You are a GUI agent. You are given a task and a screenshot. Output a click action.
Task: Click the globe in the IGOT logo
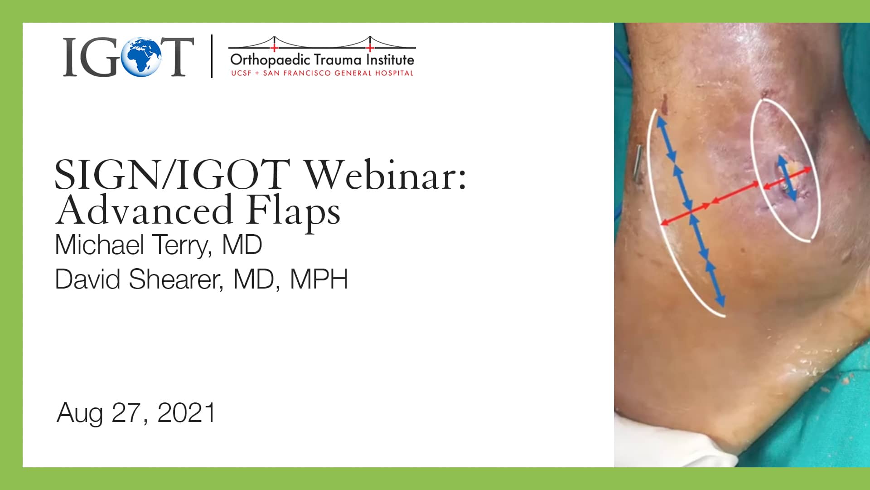[144, 57]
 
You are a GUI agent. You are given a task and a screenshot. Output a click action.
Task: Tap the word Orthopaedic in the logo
[270, 60]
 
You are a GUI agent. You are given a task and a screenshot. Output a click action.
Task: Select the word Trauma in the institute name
[338, 60]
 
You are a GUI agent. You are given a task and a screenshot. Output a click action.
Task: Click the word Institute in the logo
[390, 60]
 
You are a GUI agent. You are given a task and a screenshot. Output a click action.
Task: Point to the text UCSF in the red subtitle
[241, 73]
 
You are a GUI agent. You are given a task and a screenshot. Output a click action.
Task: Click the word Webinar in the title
[385, 176]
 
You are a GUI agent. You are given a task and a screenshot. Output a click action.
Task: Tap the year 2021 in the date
[186, 413]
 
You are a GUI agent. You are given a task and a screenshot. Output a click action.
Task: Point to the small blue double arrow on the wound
[787, 178]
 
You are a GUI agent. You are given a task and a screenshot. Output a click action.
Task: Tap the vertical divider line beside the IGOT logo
[212, 56]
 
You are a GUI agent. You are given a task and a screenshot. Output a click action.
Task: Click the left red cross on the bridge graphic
[274, 47]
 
